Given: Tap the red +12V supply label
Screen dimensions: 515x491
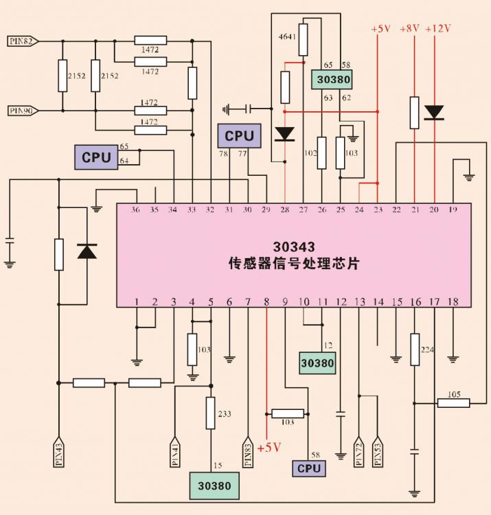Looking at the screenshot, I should pyautogui.click(x=438, y=30).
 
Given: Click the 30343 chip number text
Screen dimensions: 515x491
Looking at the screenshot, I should pyautogui.click(x=294, y=248).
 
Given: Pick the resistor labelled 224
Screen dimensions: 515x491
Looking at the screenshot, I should pyautogui.click(x=415, y=350).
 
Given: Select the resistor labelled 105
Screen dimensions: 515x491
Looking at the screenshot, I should pyautogui.click(x=454, y=403).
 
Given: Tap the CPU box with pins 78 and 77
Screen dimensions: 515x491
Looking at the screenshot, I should pyautogui.click(x=239, y=136).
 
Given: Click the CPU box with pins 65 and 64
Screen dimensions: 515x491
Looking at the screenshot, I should pyautogui.click(x=96, y=157).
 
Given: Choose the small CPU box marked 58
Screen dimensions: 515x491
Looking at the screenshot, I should pyautogui.click(x=309, y=468).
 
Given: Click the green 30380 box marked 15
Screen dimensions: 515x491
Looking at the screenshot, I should pyautogui.click(x=215, y=485).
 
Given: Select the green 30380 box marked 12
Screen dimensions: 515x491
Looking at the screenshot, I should pyautogui.click(x=317, y=363).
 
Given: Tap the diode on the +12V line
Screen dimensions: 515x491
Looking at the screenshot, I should pyautogui.click(x=434, y=112).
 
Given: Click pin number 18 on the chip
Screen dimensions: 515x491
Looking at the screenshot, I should pyautogui.click(x=452, y=301).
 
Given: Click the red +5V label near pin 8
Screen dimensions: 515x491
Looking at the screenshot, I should pyautogui.click(x=269, y=448).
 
